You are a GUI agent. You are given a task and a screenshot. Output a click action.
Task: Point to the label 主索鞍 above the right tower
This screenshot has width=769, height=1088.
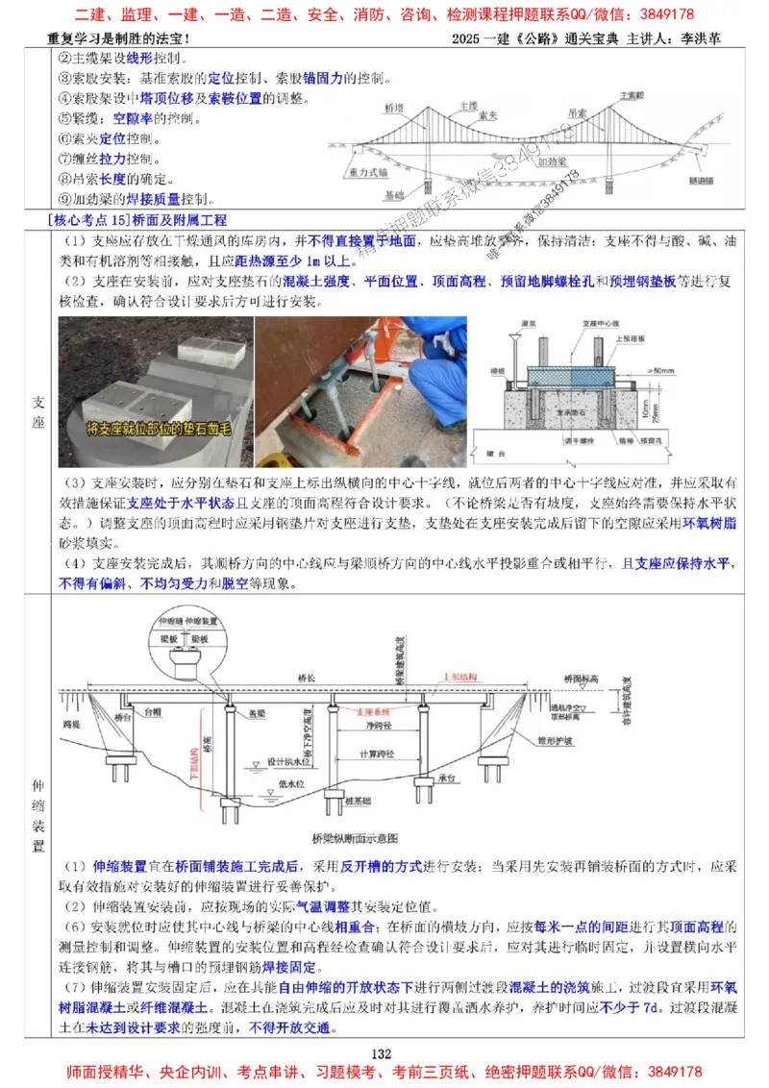pos(632,96)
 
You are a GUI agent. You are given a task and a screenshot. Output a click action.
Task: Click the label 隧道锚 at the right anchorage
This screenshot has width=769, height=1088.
pos(700,180)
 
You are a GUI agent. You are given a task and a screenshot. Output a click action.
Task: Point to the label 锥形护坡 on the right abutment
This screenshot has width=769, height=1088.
pos(557,741)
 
